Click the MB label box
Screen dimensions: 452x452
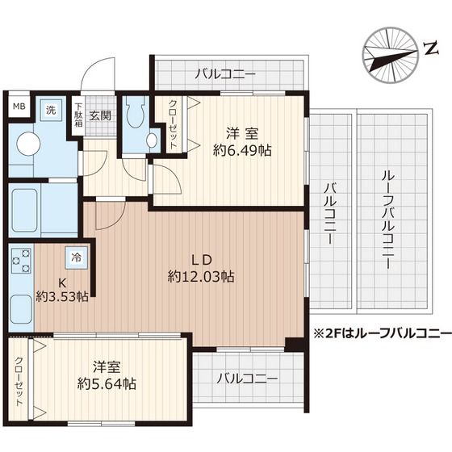tap(17, 107)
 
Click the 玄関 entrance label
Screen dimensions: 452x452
tap(100, 115)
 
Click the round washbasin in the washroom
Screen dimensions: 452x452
tap(30, 144)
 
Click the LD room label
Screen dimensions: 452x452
tap(201, 259)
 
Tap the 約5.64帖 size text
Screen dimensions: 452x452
tap(107, 383)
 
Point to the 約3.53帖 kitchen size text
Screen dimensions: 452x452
tap(62, 296)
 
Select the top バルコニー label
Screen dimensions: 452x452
tap(225, 75)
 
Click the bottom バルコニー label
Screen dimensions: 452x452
tap(248, 378)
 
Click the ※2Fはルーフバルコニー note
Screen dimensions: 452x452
tap(382, 333)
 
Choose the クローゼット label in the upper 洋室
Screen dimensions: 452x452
tap(174, 123)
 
